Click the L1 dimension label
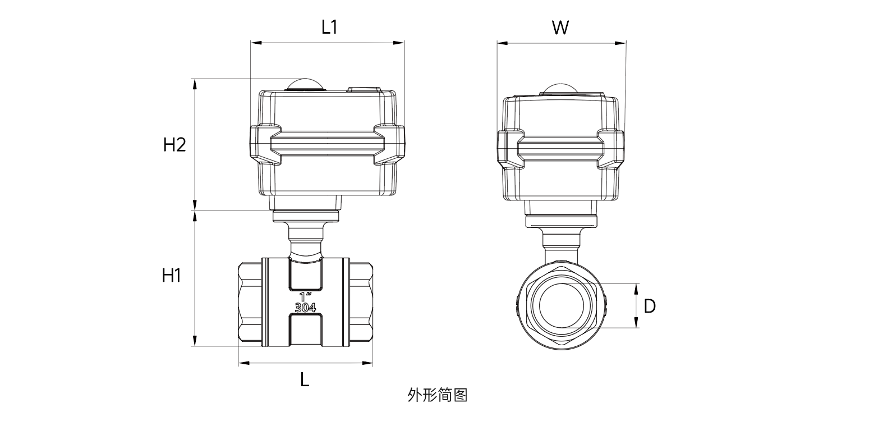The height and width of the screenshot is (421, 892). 329,27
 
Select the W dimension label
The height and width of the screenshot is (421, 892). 560,27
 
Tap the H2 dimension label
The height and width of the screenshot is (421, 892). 174,145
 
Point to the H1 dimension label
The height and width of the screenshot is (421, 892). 171,276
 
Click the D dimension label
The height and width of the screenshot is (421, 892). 650,306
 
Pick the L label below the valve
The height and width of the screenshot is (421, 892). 305,380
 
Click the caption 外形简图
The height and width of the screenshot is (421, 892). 438,395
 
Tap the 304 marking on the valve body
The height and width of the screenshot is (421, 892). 305,307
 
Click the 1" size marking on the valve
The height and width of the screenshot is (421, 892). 306,296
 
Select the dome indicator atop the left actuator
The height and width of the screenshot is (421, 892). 305,84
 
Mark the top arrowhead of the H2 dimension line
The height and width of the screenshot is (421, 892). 195,84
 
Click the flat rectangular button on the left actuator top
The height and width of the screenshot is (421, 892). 364,89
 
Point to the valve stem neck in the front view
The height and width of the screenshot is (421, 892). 306,239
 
